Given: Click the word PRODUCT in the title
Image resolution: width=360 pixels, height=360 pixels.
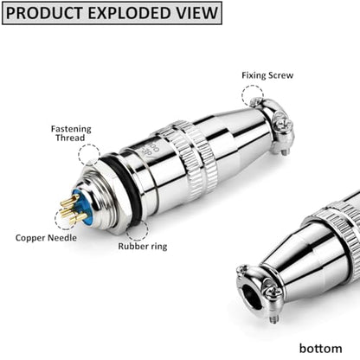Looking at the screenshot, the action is pos(45,13).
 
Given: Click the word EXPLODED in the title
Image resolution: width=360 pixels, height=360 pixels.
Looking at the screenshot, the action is pos(128,13).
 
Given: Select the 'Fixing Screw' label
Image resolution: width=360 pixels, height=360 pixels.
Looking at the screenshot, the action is pos(267,75).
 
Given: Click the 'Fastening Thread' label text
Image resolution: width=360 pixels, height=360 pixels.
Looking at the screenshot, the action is pos(71,133).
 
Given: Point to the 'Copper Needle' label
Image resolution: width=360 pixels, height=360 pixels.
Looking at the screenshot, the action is pos(46,238).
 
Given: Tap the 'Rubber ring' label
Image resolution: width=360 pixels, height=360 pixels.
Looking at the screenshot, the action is pos(143,247).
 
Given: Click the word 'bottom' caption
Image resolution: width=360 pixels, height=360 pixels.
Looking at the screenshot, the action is pos(320,348).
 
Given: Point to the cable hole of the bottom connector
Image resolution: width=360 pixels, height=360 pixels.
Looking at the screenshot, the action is pos(253,297).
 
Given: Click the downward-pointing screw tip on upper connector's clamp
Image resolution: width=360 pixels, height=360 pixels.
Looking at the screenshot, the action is pos(283,151).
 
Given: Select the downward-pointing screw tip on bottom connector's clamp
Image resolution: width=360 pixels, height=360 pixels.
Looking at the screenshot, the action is pos(274,319).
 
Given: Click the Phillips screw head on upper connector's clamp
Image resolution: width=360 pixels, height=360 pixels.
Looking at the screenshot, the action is pos(280,124).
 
